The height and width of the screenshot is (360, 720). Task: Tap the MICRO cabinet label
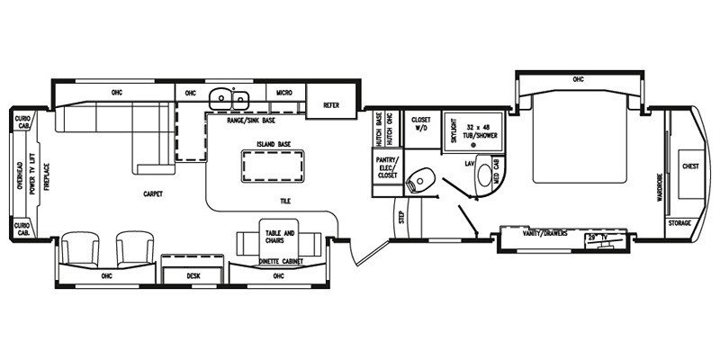(x=283, y=92)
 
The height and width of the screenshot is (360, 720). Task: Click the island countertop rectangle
(x=270, y=164)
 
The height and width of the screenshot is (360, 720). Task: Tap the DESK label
(x=193, y=276)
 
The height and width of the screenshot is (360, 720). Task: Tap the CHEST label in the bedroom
(x=691, y=166)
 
